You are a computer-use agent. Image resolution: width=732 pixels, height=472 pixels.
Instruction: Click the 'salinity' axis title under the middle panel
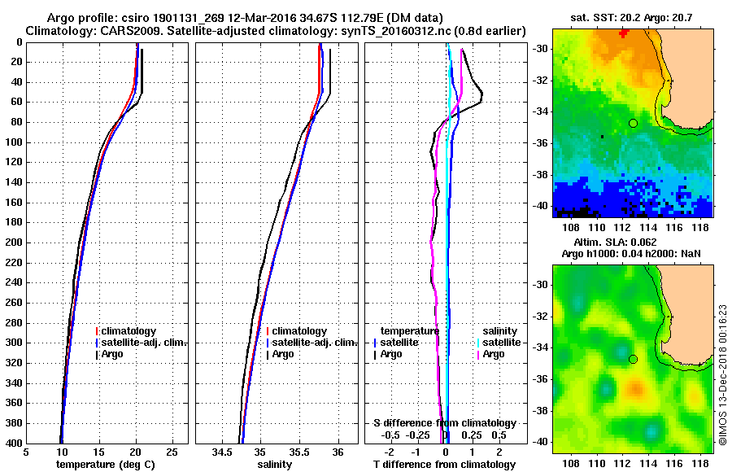(x=274, y=465)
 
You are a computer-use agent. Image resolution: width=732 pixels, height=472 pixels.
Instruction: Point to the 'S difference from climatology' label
(x=445, y=423)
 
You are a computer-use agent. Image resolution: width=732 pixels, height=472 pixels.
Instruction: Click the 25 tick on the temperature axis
(x=172, y=452)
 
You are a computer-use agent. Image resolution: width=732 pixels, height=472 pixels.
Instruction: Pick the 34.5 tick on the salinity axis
(x=222, y=452)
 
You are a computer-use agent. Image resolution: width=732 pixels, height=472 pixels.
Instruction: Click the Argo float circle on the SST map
(x=633, y=123)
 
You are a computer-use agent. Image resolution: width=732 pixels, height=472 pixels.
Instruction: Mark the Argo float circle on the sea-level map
(x=633, y=359)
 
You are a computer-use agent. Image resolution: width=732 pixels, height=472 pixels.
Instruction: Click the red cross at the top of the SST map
(x=624, y=33)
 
